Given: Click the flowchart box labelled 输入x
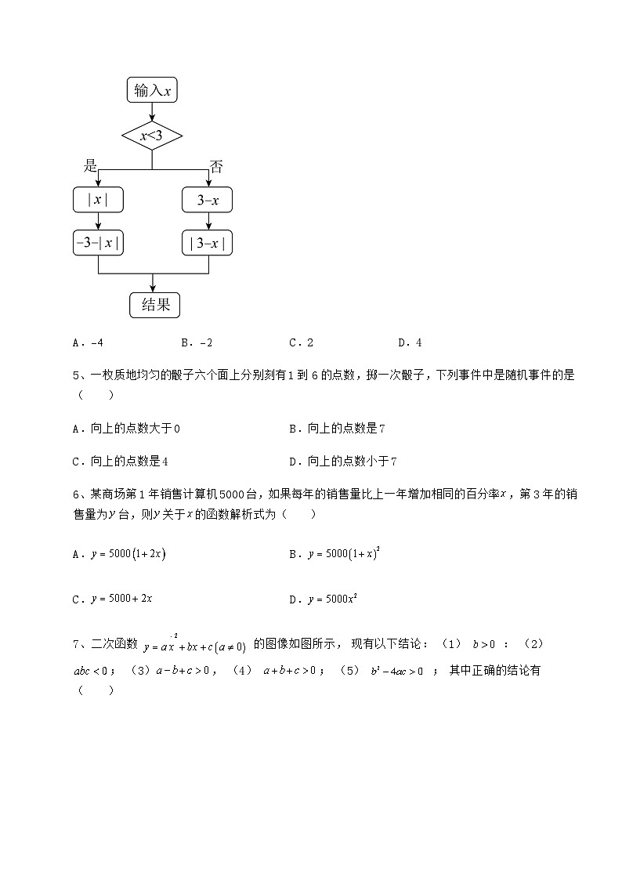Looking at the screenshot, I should pyautogui.click(x=152, y=91).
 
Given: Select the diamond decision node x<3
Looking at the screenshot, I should pyautogui.click(x=152, y=136).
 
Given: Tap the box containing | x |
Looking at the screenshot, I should pyautogui.click(x=98, y=201).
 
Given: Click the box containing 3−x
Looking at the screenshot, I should pyautogui.click(x=208, y=201).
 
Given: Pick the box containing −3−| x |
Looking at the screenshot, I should pyautogui.click(x=98, y=243).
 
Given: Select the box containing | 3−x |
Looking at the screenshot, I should pyautogui.click(x=208, y=243).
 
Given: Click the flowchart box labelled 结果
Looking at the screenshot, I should pyautogui.click(x=155, y=305).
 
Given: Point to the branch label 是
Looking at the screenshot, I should pyautogui.click(x=91, y=165).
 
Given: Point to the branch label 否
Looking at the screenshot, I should pyautogui.click(x=216, y=166).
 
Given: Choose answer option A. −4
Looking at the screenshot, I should pyautogui.click(x=88, y=342).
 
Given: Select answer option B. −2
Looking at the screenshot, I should pyautogui.click(x=197, y=342).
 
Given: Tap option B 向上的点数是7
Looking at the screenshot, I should pyautogui.click(x=337, y=429).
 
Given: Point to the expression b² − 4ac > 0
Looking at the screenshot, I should pyautogui.click(x=397, y=670).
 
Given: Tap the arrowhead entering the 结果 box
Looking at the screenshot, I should pyautogui.click(x=152, y=289).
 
